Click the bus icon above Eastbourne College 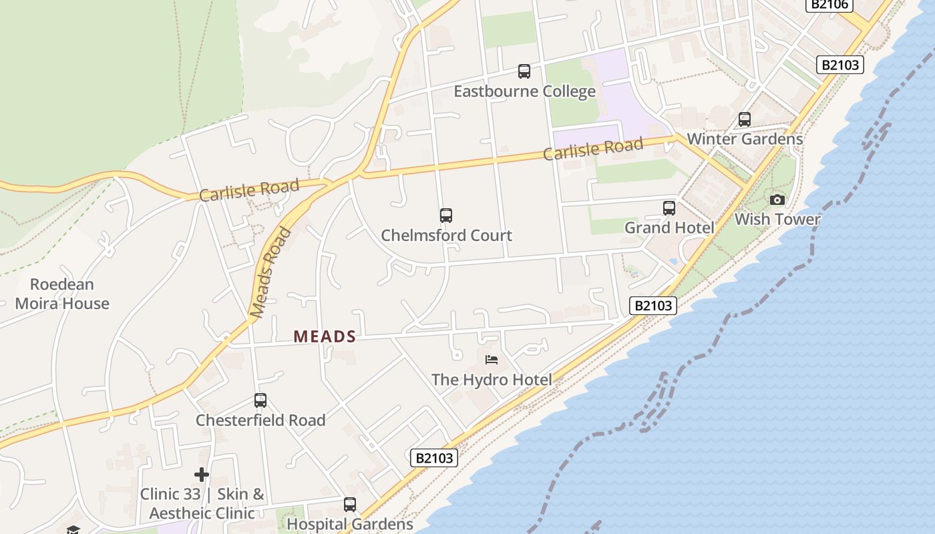tap(524, 71)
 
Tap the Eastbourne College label tap(524, 91)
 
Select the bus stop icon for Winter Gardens tap(745, 119)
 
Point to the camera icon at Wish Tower tap(777, 200)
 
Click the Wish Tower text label tap(777, 220)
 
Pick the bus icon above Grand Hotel tap(669, 208)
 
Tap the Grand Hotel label tap(669, 228)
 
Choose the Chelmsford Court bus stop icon tap(446, 216)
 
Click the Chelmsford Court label tap(446, 236)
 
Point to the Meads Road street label tap(270, 273)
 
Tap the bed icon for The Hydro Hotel tap(492, 360)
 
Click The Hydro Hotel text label tap(491, 380)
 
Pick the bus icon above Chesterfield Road tap(260, 400)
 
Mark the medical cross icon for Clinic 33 tap(202, 475)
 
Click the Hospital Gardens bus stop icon tap(350, 505)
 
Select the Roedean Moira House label tap(62, 294)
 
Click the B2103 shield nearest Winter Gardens tap(840, 65)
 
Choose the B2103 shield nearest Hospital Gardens tap(434, 458)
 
